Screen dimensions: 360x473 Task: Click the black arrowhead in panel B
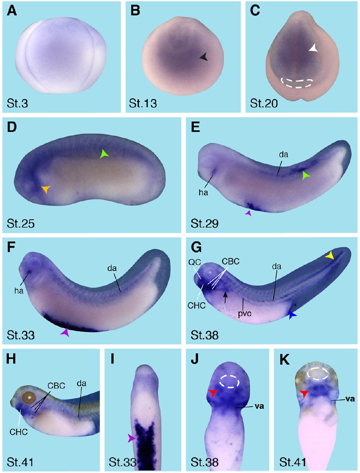204,56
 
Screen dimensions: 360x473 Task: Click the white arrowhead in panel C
313,48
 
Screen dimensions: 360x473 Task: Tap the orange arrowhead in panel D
46,189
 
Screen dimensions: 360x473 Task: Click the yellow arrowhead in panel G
330,256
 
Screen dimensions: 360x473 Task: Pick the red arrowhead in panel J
213,393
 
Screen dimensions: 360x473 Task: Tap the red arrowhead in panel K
304,393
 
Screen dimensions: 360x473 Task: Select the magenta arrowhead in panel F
65,332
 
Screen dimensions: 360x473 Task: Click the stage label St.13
143,103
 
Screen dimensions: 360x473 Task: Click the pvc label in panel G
245,313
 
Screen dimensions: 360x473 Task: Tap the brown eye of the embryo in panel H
29,397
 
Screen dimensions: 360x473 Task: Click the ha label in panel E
203,192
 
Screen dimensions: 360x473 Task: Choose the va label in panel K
350,399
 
